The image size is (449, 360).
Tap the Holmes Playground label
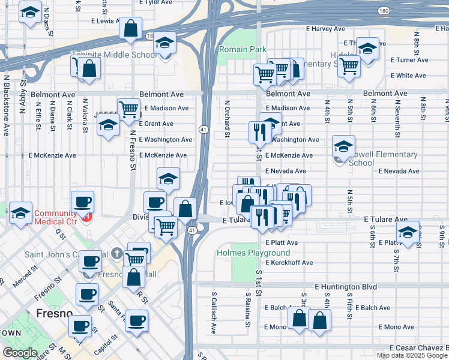pos(253,253)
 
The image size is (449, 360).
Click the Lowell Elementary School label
pos(383,158)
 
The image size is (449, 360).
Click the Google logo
pos(20,353)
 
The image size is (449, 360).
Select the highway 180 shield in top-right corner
pos(384,11)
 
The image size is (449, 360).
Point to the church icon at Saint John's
pos(116,253)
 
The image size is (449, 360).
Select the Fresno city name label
pos(55,313)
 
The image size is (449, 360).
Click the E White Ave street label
pos(408,76)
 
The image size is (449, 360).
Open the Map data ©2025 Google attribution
pos(412,355)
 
